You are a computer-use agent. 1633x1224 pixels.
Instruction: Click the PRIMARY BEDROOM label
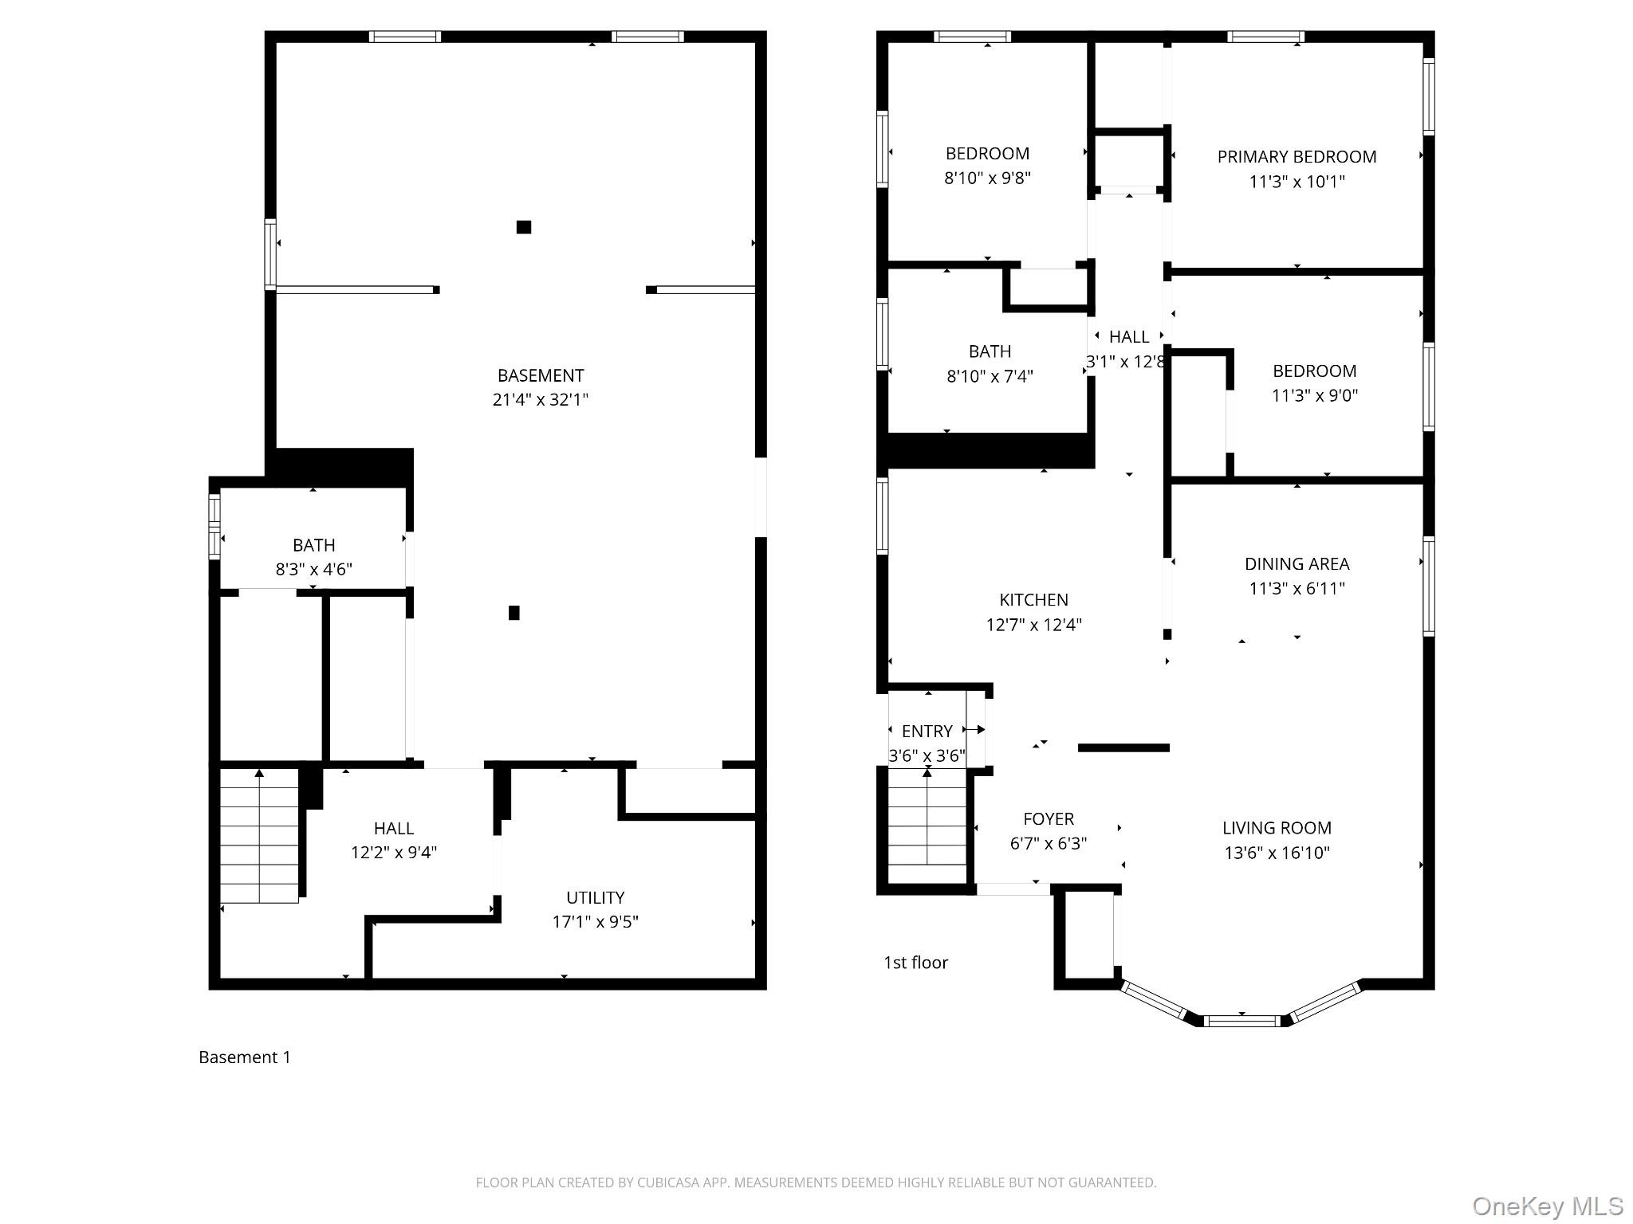pyautogui.click(x=1297, y=157)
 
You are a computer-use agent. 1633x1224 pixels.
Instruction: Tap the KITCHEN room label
pyautogui.click(x=1033, y=600)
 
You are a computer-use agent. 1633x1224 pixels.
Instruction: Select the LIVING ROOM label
pyautogui.click(x=1277, y=828)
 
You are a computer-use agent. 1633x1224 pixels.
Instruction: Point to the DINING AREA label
pyautogui.click(x=1297, y=564)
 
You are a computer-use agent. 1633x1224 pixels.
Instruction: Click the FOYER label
pyautogui.click(x=1049, y=818)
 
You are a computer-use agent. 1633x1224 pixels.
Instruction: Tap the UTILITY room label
pyautogui.click(x=595, y=897)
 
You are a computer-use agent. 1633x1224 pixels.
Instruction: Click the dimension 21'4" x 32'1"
pyautogui.click(x=540, y=399)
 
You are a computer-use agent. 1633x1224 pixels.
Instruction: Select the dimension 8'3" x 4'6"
pyautogui.click(x=313, y=569)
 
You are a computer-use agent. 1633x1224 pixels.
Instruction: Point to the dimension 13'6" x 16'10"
pyautogui.click(x=1277, y=853)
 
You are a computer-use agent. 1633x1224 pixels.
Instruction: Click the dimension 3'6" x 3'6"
pyautogui.click(x=927, y=755)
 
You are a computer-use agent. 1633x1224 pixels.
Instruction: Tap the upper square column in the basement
pyautogui.click(x=524, y=227)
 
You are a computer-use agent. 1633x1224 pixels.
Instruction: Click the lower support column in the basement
pyautogui.click(x=514, y=613)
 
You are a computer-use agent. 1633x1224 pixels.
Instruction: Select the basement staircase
pyautogui.click(x=259, y=835)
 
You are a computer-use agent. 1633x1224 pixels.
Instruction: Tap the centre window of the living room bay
pyautogui.click(x=1242, y=1020)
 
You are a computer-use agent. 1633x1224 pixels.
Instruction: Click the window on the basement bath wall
pyautogui.click(x=214, y=526)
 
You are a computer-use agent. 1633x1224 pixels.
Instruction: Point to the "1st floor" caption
pyautogui.click(x=915, y=963)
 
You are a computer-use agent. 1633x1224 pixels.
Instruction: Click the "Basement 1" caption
pyautogui.click(x=245, y=1057)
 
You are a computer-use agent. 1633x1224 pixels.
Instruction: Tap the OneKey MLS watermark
pyautogui.click(x=1548, y=1206)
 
